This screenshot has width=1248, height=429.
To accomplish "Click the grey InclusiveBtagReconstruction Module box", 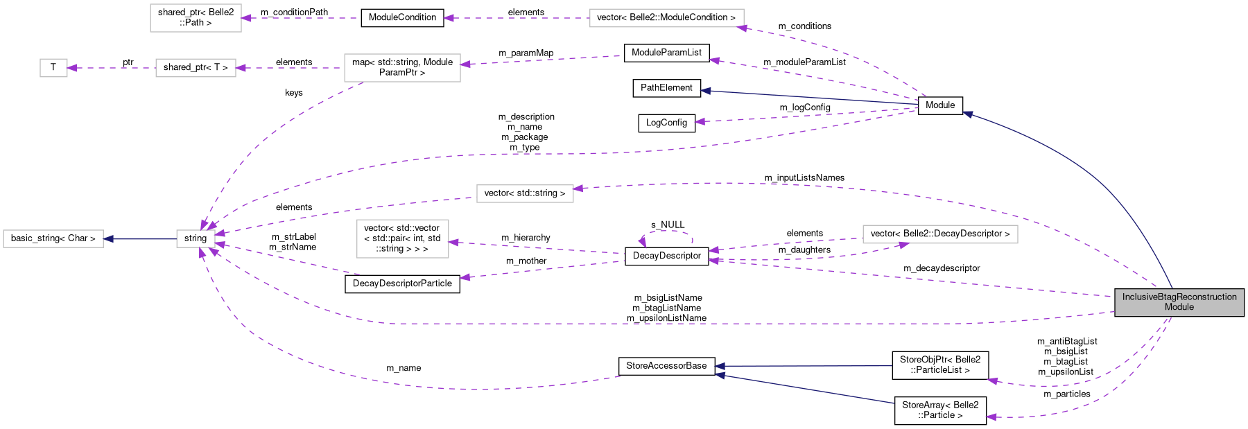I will pos(1179,302).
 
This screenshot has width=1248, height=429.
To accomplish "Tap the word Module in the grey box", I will pos(1179,307).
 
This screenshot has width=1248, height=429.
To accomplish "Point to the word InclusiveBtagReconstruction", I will pos(1179,297).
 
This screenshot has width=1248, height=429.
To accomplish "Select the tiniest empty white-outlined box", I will pos(53,68).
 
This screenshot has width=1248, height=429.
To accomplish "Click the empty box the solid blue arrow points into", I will pos(53,239).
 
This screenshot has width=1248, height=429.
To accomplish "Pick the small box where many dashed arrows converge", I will pos(196,239).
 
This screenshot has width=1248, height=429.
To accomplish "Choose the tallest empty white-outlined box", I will pos(402,238).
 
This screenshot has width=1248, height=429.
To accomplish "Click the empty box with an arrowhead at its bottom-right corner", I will pos(666,18).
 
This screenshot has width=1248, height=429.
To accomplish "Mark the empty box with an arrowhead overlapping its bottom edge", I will pos(939,234).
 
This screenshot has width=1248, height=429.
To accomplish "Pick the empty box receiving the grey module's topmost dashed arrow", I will pos(525,193).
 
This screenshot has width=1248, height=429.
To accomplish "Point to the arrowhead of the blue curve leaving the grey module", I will pos(967,114).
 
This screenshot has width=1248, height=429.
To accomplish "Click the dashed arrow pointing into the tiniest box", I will pos(111,68).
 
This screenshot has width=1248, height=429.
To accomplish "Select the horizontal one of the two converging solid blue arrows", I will pos(804,366).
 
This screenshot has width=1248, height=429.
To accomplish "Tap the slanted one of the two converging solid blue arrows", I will pos(804,389).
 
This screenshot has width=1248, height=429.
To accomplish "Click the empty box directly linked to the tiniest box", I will pos(196,68).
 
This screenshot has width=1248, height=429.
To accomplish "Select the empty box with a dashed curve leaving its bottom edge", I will pos(402,68).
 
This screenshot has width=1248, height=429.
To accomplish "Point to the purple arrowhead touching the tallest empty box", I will pos(453,243).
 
